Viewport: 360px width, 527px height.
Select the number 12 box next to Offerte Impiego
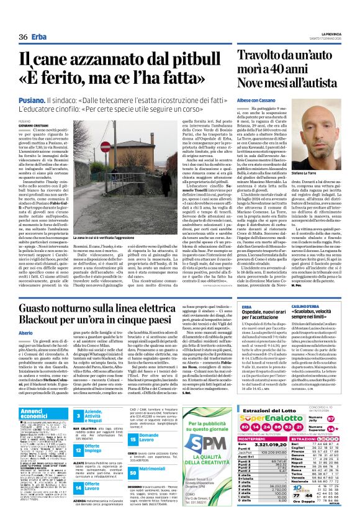click(x=79, y=446)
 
